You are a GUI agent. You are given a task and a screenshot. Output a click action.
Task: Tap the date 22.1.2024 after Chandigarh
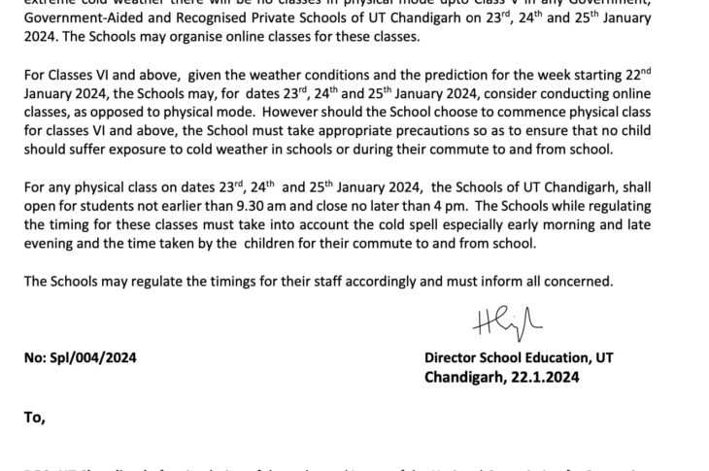(x=538, y=376)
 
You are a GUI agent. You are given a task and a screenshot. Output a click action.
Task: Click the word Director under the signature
(x=454, y=357)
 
